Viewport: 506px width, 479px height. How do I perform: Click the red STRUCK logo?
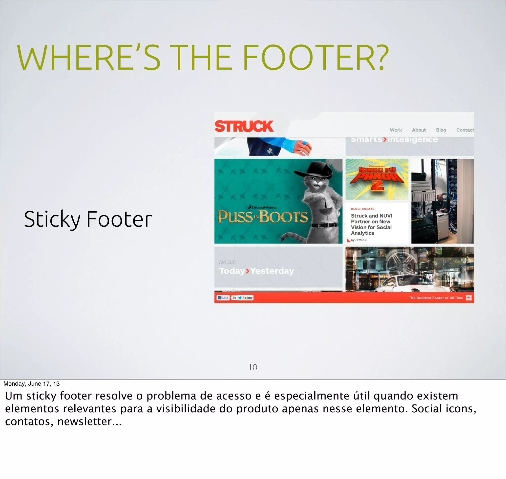(x=244, y=126)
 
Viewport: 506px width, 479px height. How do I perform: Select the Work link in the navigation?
(x=396, y=130)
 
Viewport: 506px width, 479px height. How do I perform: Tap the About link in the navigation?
(x=419, y=130)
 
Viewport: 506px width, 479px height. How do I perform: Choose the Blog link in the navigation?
(x=441, y=130)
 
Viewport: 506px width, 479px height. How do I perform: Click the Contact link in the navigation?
(x=465, y=130)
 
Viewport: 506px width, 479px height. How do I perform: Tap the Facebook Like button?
(x=223, y=298)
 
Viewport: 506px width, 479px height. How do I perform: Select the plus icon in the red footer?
(x=469, y=298)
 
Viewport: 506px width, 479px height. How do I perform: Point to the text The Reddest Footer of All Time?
(x=436, y=298)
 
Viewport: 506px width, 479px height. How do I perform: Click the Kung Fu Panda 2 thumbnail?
(x=377, y=179)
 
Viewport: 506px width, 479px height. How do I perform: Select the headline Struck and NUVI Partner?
(x=371, y=224)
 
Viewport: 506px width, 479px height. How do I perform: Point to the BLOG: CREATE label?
(x=362, y=209)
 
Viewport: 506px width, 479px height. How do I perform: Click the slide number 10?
(x=253, y=367)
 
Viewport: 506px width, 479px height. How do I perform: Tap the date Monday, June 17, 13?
(x=31, y=384)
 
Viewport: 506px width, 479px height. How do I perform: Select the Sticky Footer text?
(x=88, y=219)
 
